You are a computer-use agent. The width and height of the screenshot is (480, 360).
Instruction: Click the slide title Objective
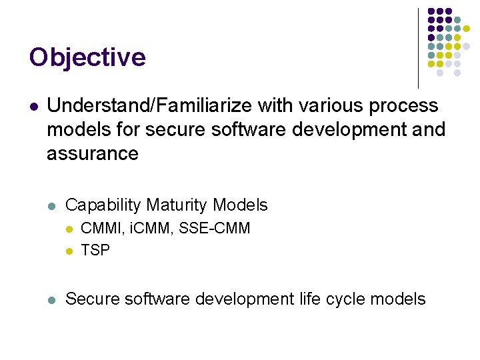(87, 57)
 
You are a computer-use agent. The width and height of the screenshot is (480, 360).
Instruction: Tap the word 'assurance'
(93, 154)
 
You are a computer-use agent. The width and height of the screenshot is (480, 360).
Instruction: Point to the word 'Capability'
(103, 205)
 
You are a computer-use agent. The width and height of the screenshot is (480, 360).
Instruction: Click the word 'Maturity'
(178, 205)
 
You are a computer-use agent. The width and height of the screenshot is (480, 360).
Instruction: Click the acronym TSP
(95, 250)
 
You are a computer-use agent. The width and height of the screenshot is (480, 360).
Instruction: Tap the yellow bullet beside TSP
(69, 251)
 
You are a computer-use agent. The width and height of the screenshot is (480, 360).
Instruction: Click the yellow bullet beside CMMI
(69, 229)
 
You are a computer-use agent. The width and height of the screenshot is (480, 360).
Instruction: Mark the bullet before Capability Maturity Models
(53, 206)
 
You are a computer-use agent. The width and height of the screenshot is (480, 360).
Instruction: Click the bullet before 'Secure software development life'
(53, 299)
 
